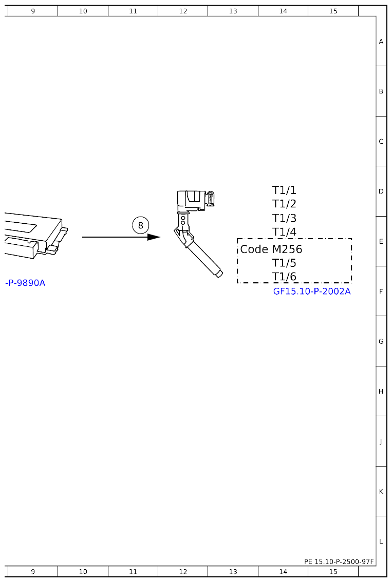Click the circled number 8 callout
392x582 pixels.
(140, 225)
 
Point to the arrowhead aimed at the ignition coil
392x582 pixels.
(154, 237)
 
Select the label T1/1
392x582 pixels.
(284, 190)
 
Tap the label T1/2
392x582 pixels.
(284, 204)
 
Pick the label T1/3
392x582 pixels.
(284, 218)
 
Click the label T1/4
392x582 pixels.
(284, 232)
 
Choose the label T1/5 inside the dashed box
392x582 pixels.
(284, 263)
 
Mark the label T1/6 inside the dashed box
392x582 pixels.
(284, 277)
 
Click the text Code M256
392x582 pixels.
(271, 249)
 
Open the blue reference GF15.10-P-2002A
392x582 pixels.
(312, 292)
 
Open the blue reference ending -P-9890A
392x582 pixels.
(25, 283)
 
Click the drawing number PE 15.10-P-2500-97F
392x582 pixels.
(339, 562)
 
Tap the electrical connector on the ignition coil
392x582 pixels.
(210, 199)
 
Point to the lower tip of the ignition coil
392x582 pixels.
(218, 274)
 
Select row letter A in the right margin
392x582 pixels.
(381, 42)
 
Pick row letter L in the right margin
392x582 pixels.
(381, 541)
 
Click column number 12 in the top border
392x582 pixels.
(183, 11)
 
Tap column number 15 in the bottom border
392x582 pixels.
(333, 571)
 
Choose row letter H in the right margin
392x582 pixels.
(381, 392)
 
